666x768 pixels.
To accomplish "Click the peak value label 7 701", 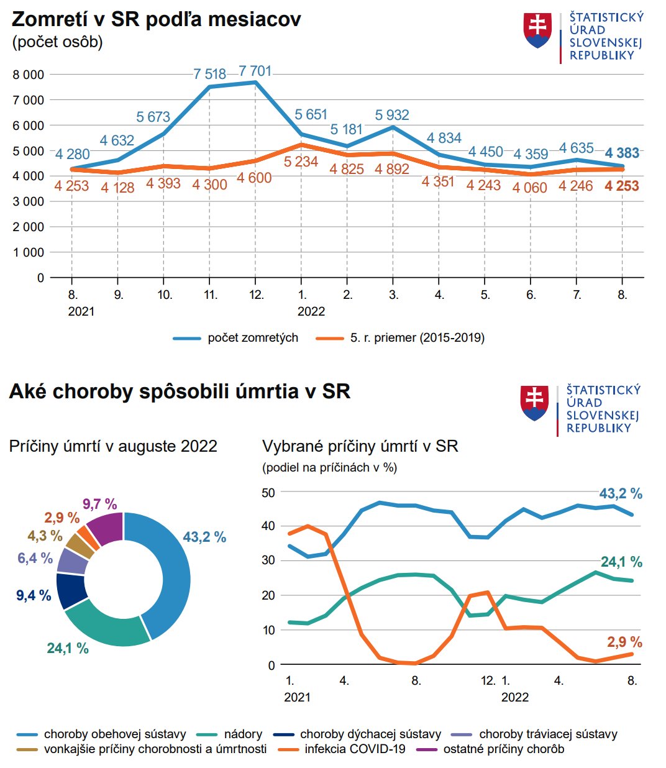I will (x=255, y=71).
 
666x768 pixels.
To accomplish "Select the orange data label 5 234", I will (x=301, y=162).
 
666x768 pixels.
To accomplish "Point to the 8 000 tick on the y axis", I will (x=29, y=75).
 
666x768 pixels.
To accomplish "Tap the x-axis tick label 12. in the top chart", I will (x=257, y=295).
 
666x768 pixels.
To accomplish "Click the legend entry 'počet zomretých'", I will (x=252, y=338).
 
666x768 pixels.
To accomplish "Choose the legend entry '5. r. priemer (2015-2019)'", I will (x=417, y=338).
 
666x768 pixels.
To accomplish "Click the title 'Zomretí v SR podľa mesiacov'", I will (x=156, y=19).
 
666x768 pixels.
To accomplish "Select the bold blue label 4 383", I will (x=622, y=153).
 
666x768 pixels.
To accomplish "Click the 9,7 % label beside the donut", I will (x=100, y=504).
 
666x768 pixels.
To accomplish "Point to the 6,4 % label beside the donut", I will (x=35, y=558).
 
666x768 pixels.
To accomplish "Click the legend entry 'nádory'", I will (x=243, y=734).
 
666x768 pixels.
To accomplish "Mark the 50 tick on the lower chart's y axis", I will (x=268, y=493).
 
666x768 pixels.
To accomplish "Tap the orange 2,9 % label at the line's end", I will (x=624, y=642).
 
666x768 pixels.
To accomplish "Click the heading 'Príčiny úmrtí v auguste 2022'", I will (x=113, y=446).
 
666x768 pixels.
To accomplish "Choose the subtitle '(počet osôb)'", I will (x=57, y=42).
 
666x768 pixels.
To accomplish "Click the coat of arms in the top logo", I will (x=538, y=30).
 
